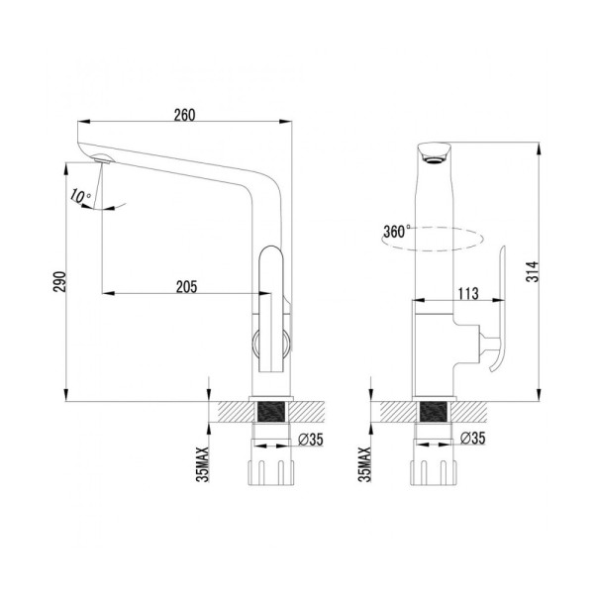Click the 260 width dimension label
click(x=184, y=114)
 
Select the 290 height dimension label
click(x=59, y=283)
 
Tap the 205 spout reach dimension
click(x=184, y=286)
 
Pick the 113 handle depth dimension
click(x=469, y=292)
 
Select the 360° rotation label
click(x=395, y=234)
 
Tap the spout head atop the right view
click(x=433, y=150)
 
